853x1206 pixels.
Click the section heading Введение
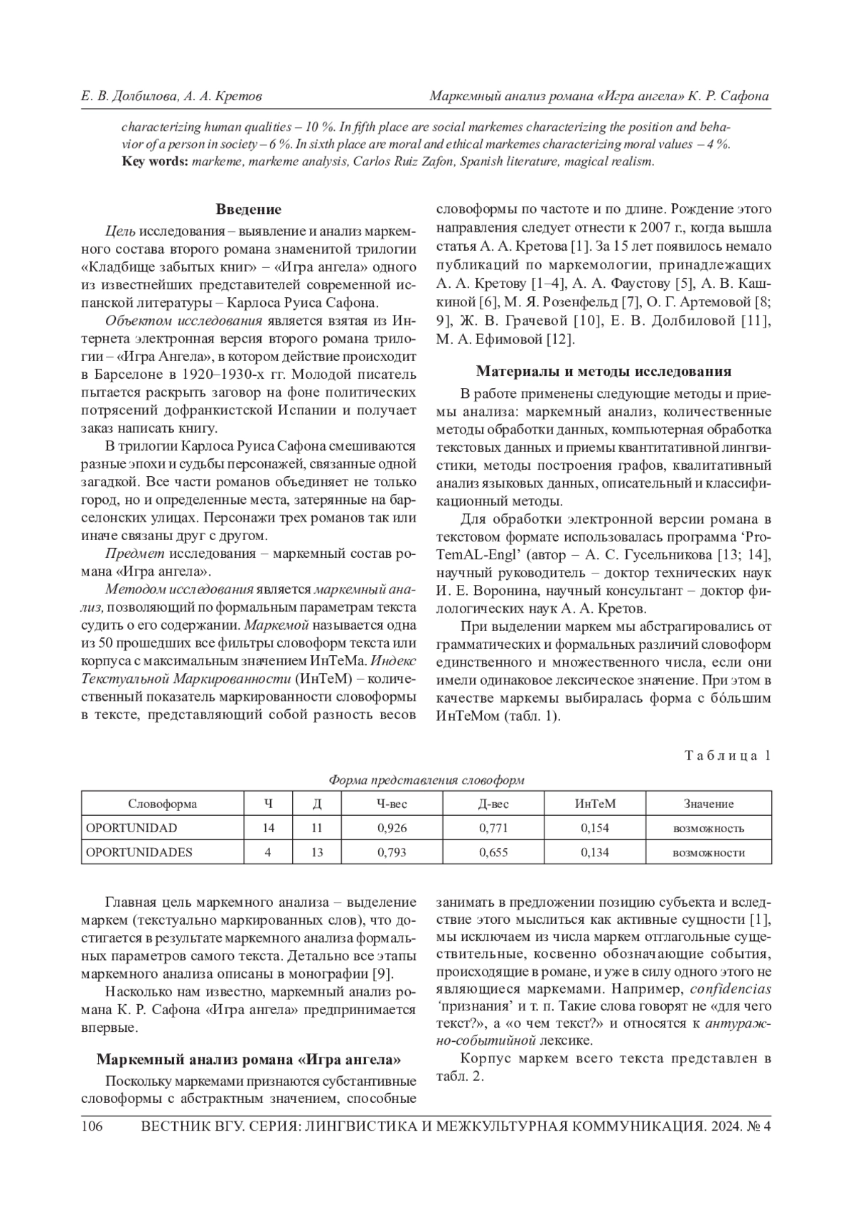coord(248,210)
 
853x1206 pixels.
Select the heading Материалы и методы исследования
coord(603,371)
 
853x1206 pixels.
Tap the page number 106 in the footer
coord(93,1126)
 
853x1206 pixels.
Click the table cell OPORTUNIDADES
coord(139,852)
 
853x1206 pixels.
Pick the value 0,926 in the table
coord(392,828)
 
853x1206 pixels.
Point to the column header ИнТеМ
coord(595,804)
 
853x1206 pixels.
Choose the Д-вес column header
coord(493,804)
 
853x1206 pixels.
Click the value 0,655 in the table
coord(493,852)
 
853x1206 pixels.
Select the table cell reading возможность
coord(709,828)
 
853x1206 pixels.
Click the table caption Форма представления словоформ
coord(426,780)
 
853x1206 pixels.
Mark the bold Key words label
coord(155,162)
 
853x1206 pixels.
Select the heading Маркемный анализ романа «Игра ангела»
coord(248,1060)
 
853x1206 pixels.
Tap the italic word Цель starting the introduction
coord(119,230)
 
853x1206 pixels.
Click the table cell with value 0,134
coord(595,852)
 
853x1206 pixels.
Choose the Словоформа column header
coord(163,804)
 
